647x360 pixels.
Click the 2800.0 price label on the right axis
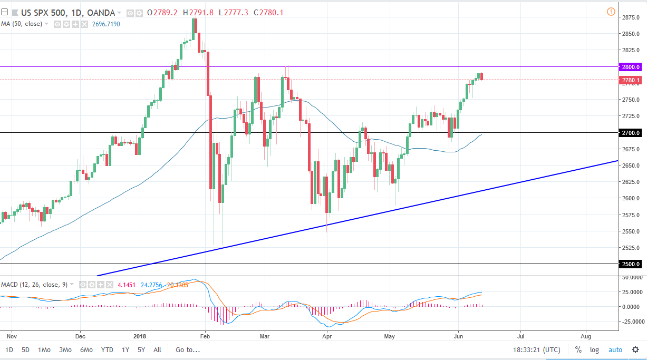click(x=631, y=67)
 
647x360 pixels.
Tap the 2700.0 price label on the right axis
click(x=631, y=133)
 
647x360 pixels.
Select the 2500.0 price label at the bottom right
click(x=631, y=264)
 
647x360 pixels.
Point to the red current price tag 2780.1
click(x=631, y=80)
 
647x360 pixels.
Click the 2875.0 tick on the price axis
click(x=631, y=17)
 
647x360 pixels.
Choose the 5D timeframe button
click(x=25, y=349)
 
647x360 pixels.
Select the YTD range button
click(x=107, y=349)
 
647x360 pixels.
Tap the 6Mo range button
click(x=86, y=349)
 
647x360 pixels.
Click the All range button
click(x=157, y=349)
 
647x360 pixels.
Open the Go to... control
click(x=188, y=349)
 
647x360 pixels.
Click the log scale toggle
click(x=594, y=349)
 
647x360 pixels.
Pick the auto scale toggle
click(x=615, y=349)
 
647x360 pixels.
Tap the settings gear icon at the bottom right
click(x=635, y=349)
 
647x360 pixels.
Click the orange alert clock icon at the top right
click(x=611, y=12)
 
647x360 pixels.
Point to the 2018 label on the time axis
click(x=140, y=335)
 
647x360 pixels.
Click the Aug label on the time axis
click(x=586, y=335)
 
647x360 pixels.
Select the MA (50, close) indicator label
click(x=21, y=24)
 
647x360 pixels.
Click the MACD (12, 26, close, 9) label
click(x=34, y=285)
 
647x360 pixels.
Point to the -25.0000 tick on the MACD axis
click(x=632, y=322)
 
